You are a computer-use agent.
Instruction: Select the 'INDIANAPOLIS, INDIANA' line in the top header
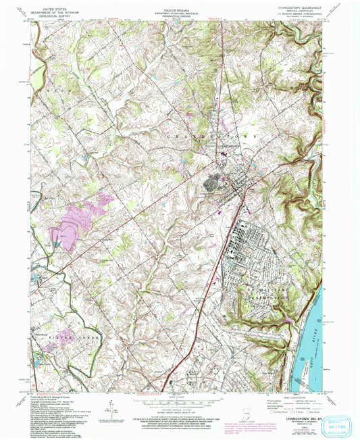(x=182, y=21)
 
